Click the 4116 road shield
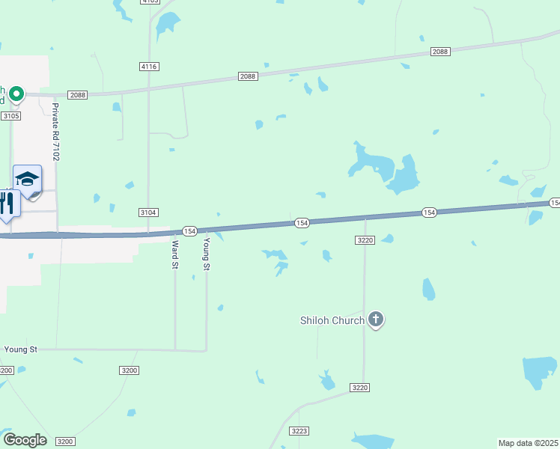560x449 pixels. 149,67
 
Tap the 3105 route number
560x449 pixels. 11,116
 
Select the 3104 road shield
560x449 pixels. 148,213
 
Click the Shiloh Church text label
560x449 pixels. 332,321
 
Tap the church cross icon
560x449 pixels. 376,320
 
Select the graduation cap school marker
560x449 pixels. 27,180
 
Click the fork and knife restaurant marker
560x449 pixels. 7,204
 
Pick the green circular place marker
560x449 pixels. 16,94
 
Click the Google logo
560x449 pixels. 25,440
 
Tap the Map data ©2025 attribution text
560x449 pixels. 529,443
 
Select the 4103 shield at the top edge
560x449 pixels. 149,1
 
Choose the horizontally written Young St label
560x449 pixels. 20,349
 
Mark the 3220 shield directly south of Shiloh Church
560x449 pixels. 360,387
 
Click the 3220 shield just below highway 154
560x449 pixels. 365,239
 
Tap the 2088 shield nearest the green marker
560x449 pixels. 78,94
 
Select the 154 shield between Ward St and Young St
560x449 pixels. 190,231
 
